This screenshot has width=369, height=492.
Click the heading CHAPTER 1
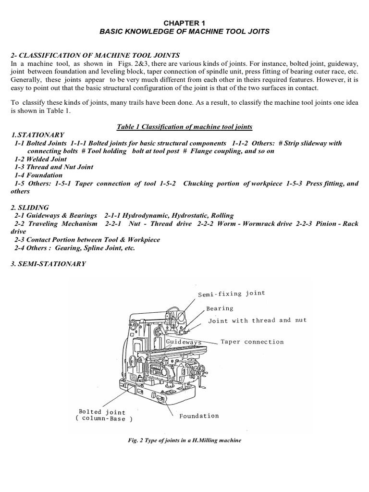click(x=184, y=23)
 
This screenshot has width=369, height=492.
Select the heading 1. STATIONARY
click(x=37, y=135)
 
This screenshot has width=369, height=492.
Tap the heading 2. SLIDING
click(x=29, y=207)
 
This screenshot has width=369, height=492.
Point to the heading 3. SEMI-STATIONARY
click(x=48, y=263)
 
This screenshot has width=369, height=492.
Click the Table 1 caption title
click(x=184, y=126)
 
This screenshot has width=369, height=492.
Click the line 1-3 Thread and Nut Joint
click(x=54, y=167)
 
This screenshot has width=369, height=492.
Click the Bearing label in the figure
click(x=220, y=308)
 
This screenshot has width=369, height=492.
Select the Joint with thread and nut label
click(x=257, y=320)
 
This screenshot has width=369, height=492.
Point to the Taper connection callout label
click(x=252, y=342)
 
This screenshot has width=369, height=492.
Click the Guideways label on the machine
click(x=183, y=342)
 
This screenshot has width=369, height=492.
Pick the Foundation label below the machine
click(x=199, y=416)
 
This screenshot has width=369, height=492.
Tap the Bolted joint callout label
click(x=102, y=412)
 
